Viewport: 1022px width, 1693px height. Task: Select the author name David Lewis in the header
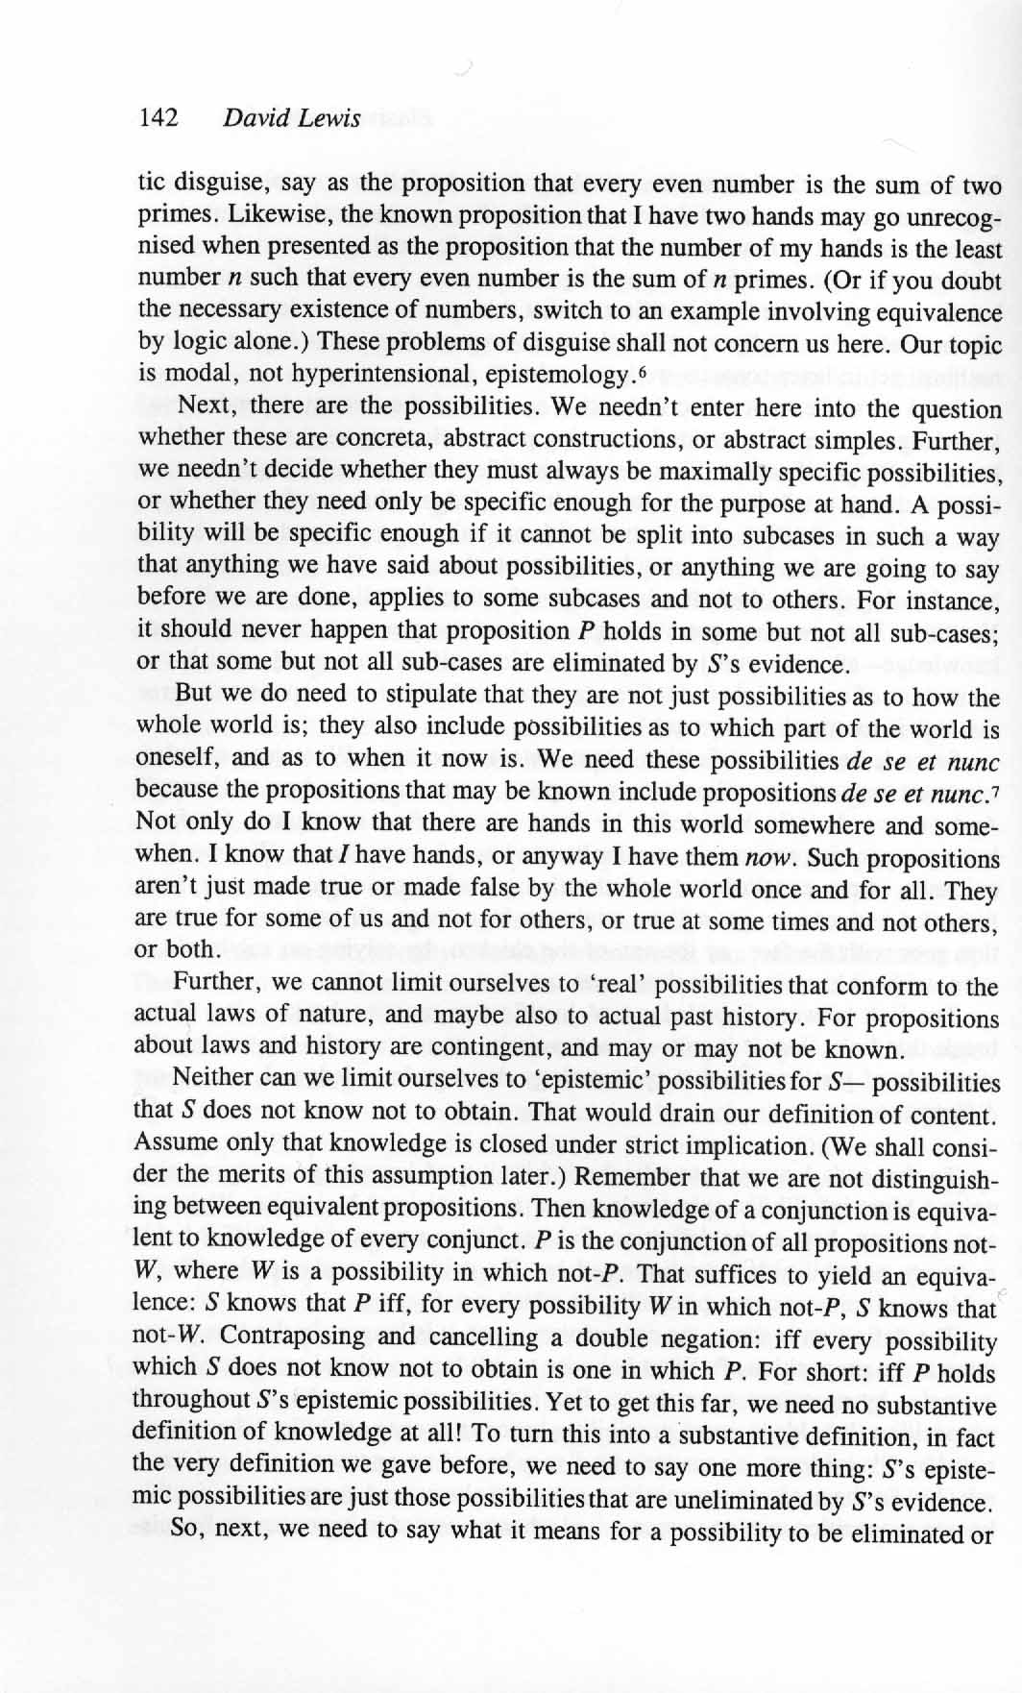pos(291,118)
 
